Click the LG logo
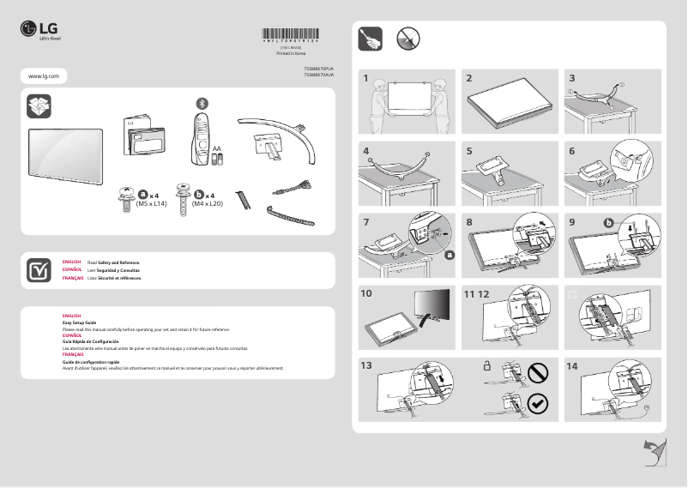40,33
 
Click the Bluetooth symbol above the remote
202,103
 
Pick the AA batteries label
217,149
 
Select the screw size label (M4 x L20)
208,205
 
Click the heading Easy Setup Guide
78,322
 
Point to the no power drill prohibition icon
408,38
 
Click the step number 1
365,78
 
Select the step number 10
367,293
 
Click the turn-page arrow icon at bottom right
655,451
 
